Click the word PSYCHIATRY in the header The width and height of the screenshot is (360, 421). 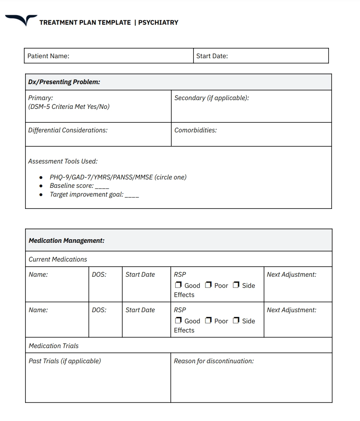tap(158, 23)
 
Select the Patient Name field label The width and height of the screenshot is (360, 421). tap(48, 56)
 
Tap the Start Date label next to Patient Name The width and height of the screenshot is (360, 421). tap(212, 56)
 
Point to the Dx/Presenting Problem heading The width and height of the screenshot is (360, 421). tap(64, 82)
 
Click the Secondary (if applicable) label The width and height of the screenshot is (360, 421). tap(211, 98)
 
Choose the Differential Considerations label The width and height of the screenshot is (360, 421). tap(68, 130)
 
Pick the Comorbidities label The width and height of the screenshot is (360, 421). tap(196, 130)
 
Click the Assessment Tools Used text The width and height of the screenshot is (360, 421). tap(63, 161)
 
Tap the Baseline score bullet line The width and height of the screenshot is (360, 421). tap(79, 186)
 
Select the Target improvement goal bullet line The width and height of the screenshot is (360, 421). tap(94, 195)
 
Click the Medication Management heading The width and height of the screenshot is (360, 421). tap(67, 241)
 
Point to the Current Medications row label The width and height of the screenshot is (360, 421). tap(58, 260)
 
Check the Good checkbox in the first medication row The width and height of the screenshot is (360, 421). tap(178, 285)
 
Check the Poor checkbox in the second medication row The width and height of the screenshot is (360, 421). tap(208, 321)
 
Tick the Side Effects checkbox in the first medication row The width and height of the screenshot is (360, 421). tap(236, 285)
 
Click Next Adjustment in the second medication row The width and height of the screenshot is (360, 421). tap(292, 310)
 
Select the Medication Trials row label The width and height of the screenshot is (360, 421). tap(54, 346)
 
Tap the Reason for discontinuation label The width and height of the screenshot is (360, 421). tap(214, 361)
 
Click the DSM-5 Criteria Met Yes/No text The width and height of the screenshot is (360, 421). tap(69, 107)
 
